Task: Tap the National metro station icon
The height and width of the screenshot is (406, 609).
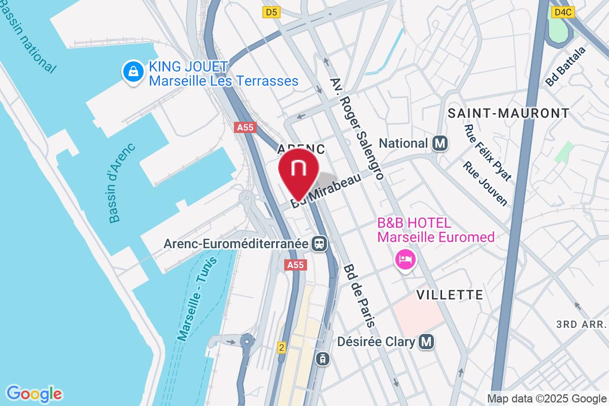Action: click(x=440, y=144)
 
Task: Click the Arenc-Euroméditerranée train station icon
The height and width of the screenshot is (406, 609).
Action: click(x=320, y=244)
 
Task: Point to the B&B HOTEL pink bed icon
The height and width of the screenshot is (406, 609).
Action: click(x=405, y=260)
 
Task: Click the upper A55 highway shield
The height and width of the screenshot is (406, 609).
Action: click(x=245, y=128)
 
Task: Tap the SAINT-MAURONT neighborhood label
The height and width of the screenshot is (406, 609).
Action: click(x=509, y=113)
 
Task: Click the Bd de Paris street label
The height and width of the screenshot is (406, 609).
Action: click(x=360, y=295)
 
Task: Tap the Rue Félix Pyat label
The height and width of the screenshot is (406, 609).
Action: click(x=487, y=152)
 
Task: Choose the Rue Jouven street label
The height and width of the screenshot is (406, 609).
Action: click(x=485, y=184)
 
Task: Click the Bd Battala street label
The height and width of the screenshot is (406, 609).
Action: click(x=566, y=66)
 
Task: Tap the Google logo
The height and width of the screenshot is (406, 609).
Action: click(x=35, y=393)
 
